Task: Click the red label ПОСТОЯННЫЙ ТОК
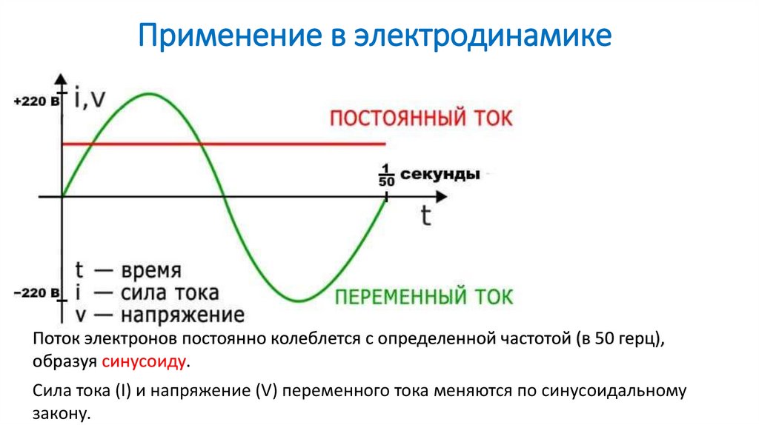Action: [420, 119]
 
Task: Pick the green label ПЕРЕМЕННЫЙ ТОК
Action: [423, 297]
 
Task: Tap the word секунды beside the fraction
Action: [440, 175]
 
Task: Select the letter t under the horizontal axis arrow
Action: [425, 215]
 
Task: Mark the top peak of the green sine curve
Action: [150, 94]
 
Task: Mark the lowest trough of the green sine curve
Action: [298, 301]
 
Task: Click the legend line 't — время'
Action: [128, 270]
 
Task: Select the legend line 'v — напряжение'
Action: [160, 315]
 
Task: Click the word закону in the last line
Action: [60, 413]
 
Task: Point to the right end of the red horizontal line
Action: [385, 144]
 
